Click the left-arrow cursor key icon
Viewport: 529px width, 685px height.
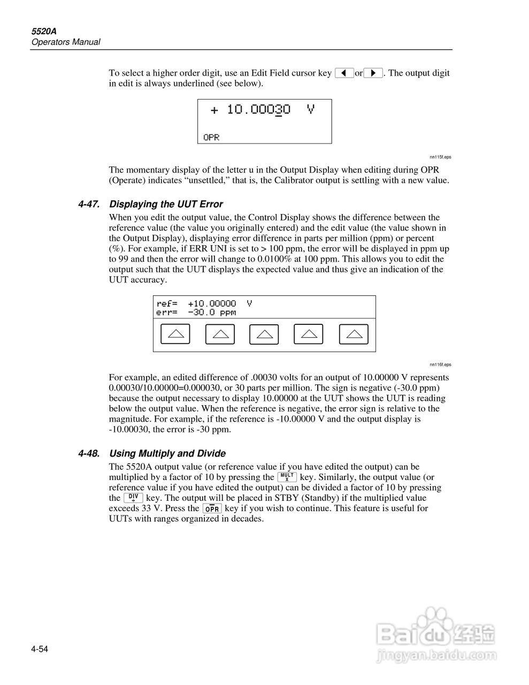[344, 73]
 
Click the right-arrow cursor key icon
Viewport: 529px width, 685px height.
[373, 73]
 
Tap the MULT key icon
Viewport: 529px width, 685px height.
[287, 477]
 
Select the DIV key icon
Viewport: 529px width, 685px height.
[133, 498]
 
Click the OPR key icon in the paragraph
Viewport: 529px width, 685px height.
[212, 508]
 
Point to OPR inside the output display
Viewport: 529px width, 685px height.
[212, 138]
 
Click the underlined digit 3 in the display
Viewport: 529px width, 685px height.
[278, 110]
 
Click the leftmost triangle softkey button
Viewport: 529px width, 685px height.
[175, 334]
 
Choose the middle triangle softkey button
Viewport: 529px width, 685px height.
[264, 334]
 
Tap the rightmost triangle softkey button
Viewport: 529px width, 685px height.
[354, 334]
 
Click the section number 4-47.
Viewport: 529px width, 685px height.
[89, 204]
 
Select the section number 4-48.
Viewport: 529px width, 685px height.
[89, 454]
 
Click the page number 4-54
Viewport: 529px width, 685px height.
[40, 650]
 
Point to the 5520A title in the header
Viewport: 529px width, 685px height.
[42, 32]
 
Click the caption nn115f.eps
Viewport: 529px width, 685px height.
[440, 157]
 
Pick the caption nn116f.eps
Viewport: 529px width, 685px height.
[440, 364]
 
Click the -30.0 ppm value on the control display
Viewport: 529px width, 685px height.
[212, 313]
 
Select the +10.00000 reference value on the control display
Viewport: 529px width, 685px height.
[212, 303]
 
